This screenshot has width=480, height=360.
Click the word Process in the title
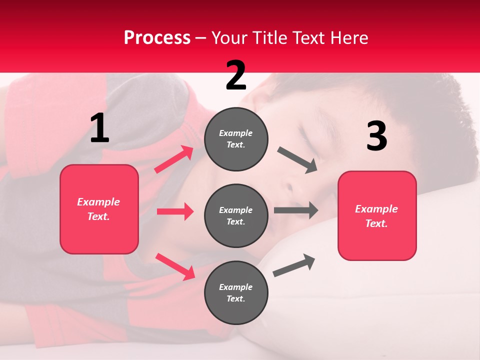157,38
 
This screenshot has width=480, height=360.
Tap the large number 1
99,128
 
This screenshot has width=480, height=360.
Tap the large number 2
236,75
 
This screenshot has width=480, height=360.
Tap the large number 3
376,136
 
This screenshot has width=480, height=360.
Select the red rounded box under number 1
99,209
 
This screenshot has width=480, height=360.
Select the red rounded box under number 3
377,216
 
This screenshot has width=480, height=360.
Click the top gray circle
236,139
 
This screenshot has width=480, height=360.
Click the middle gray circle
236,215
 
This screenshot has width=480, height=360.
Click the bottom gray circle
236,292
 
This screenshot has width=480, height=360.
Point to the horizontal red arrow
175,211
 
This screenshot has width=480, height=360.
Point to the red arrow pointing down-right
175,266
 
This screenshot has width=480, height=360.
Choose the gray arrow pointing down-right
297,160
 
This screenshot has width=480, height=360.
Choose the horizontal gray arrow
295,210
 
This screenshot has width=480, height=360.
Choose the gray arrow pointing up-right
294,265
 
